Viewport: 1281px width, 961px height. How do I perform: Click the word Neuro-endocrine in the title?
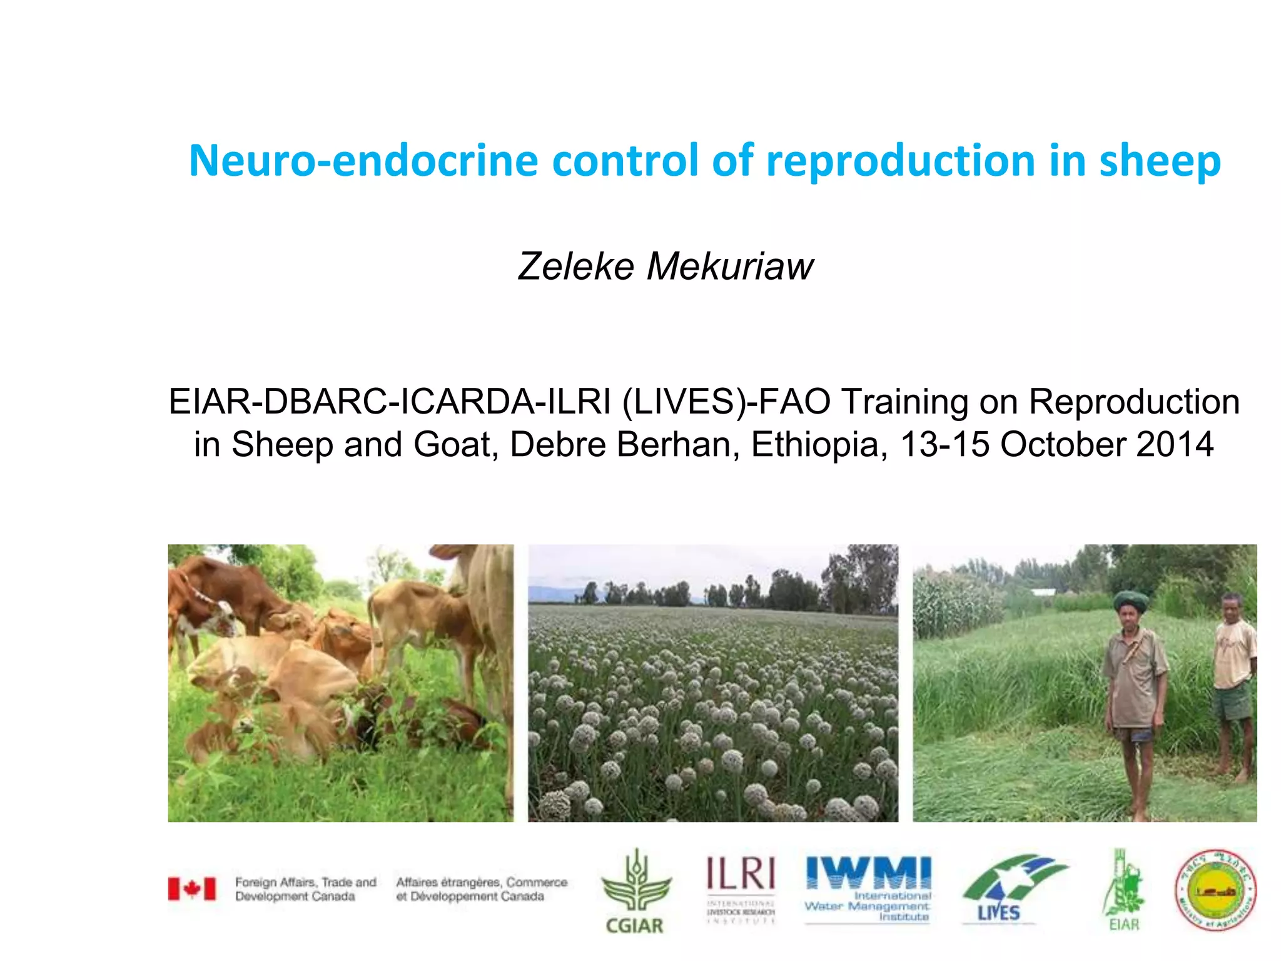[363, 161]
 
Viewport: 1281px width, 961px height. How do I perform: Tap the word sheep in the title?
[1159, 161]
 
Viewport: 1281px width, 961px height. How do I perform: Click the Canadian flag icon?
[191, 888]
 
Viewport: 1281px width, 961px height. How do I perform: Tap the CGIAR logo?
[635, 892]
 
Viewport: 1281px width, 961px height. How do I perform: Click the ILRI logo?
[741, 888]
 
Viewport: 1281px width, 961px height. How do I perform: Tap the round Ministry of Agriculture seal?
[1215, 890]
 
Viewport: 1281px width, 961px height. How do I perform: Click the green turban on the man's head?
[1131, 601]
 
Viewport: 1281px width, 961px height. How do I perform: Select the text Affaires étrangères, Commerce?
[482, 882]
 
